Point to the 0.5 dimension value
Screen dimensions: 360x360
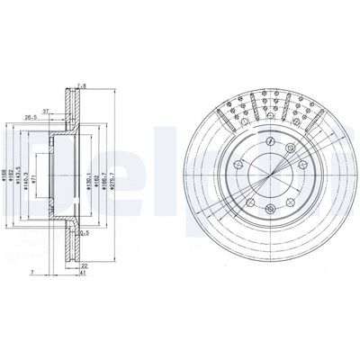(x=84, y=234)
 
